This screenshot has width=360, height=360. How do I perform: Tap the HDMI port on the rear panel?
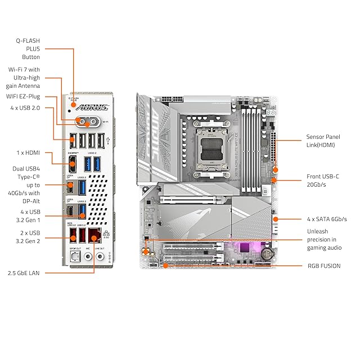click(73, 164)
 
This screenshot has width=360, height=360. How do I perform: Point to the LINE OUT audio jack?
click(101, 256)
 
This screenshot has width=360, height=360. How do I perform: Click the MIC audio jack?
click(87, 256)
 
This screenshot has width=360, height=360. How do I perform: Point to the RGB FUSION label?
click(323, 265)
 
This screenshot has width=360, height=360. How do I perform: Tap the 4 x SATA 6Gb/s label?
click(327, 219)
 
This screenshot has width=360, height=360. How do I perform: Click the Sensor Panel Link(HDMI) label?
click(323, 141)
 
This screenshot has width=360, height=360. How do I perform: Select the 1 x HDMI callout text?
click(26, 152)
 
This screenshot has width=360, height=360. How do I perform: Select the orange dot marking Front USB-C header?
click(273, 180)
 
